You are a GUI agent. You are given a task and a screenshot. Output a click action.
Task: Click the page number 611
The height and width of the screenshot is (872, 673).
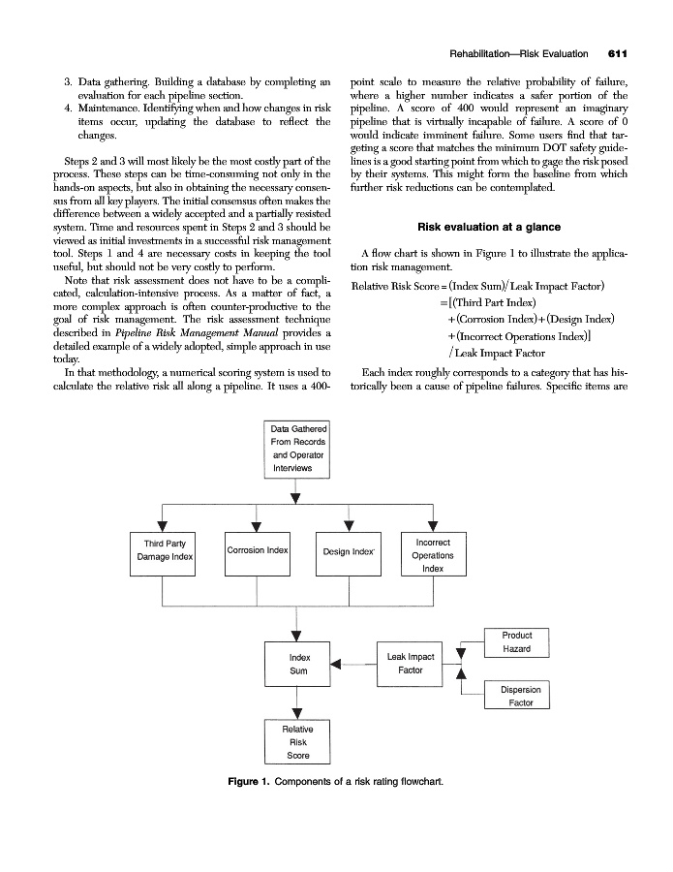coord(619,52)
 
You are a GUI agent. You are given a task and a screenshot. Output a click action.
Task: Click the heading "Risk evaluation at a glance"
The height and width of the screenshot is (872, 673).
coord(488,227)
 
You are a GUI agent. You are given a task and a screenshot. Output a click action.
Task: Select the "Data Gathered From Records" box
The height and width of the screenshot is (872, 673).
coord(298,449)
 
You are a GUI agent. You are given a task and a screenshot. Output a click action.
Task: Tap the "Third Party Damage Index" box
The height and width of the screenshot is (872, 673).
coord(165,551)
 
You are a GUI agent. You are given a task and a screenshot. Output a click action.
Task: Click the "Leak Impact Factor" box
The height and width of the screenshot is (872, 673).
coord(410,664)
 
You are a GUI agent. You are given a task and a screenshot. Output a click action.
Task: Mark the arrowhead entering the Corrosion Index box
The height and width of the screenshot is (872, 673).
coord(256,525)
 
